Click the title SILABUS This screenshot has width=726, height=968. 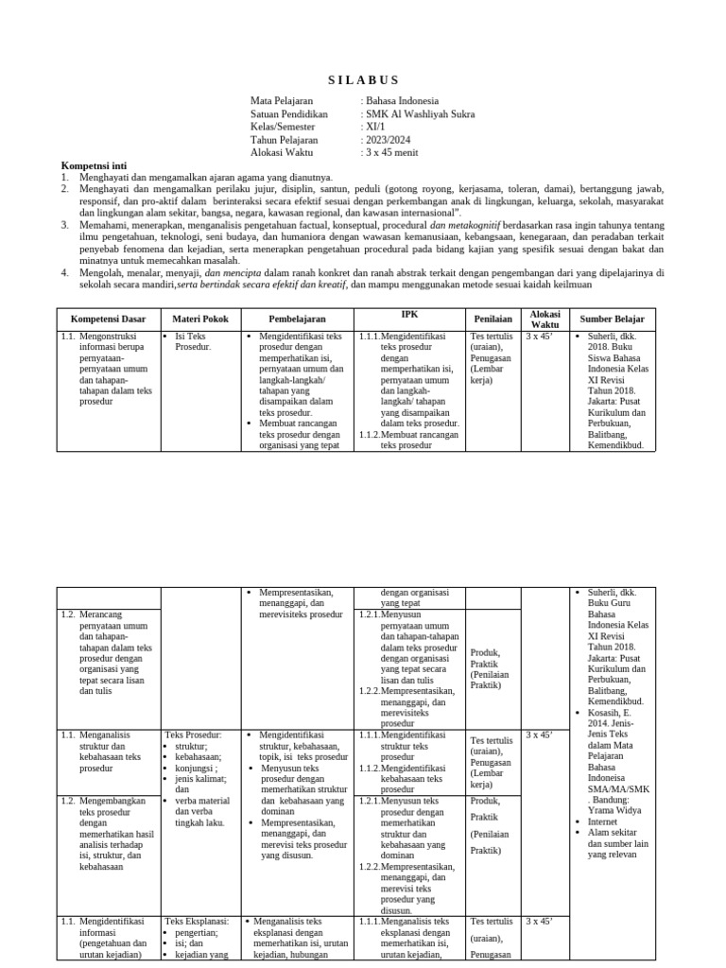click(x=364, y=79)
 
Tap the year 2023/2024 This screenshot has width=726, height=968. click(x=387, y=139)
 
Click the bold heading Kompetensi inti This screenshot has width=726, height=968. click(x=94, y=164)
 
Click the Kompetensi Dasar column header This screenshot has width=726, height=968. click(x=109, y=320)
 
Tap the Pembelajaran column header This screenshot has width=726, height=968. click(x=296, y=320)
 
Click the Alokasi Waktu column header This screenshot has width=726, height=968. click(x=545, y=320)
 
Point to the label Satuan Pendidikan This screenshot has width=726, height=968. click(x=289, y=114)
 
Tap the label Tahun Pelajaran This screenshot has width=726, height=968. click(x=285, y=139)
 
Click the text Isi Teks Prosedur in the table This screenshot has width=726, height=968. click(x=193, y=341)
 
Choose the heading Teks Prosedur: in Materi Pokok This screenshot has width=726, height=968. click(x=193, y=734)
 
